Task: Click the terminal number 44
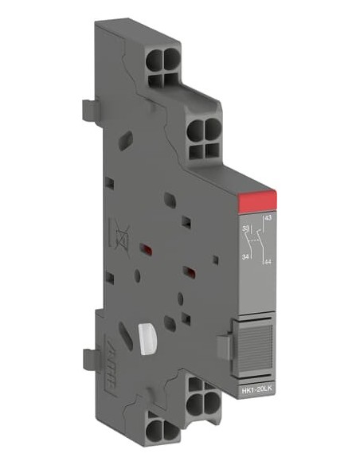tap(266, 262)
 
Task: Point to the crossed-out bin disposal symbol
tap(122, 234)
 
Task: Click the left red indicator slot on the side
tap(146, 250)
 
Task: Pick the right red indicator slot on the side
tap(190, 275)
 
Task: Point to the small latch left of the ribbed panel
tap(225, 344)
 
